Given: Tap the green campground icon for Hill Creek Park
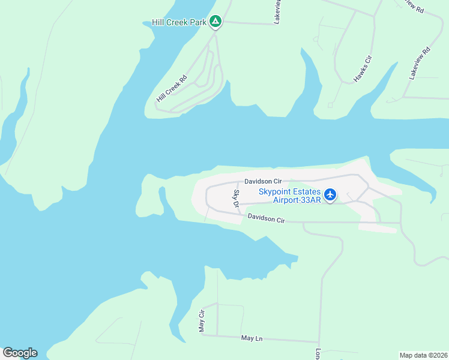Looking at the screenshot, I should (x=216, y=23).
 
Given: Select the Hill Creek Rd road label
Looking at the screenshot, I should (x=172, y=88).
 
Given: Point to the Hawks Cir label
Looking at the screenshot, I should (x=363, y=68).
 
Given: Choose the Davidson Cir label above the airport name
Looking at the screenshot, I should (x=262, y=181).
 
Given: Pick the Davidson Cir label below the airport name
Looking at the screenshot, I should (x=266, y=219).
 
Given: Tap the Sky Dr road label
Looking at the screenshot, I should (x=237, y=199).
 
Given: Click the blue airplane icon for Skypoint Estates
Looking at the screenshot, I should (x=330, y=195).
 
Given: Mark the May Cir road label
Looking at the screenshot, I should (x=202, y=321).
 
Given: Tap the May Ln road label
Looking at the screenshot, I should (x=252, y=339).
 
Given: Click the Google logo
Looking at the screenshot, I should (x=20, y=353).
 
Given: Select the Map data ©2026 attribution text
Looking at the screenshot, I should (x=424, y=355).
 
